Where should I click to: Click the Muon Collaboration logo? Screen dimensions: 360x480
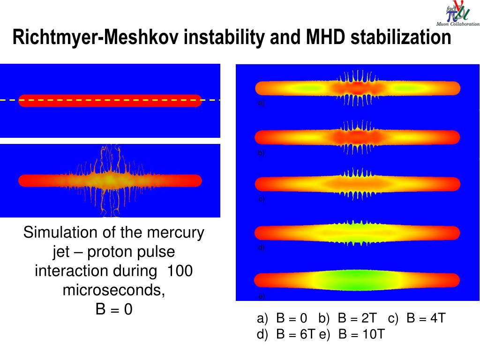click(457, 14)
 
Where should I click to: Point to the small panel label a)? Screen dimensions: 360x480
click(261, 104)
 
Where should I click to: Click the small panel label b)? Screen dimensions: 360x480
click(261, 153)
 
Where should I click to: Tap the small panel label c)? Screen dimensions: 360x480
click(261, 199)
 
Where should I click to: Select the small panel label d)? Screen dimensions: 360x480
click(261, 247)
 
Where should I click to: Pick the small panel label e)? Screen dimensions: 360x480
click(261, 296)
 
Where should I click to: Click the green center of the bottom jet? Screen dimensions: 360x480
click(357, 280)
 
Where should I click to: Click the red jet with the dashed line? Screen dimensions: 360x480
click(110, 100)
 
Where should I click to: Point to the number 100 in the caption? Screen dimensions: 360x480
click(180, 271)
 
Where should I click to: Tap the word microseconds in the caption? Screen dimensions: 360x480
click(114, 291)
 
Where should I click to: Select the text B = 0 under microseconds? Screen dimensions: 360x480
click(114, 310)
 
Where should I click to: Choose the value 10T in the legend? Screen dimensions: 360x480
click(374, 335)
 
